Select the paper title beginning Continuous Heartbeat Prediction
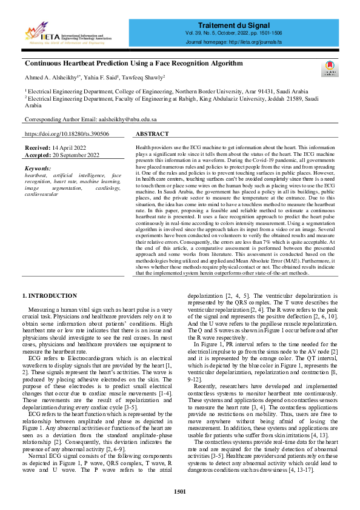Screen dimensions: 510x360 [133, 63]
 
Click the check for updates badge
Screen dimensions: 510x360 [328, 68]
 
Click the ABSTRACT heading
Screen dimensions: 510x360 [152, 133]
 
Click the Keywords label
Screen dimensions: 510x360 [38, 168]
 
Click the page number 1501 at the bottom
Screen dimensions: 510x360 [180, 491]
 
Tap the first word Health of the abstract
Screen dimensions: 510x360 [143, 147]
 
